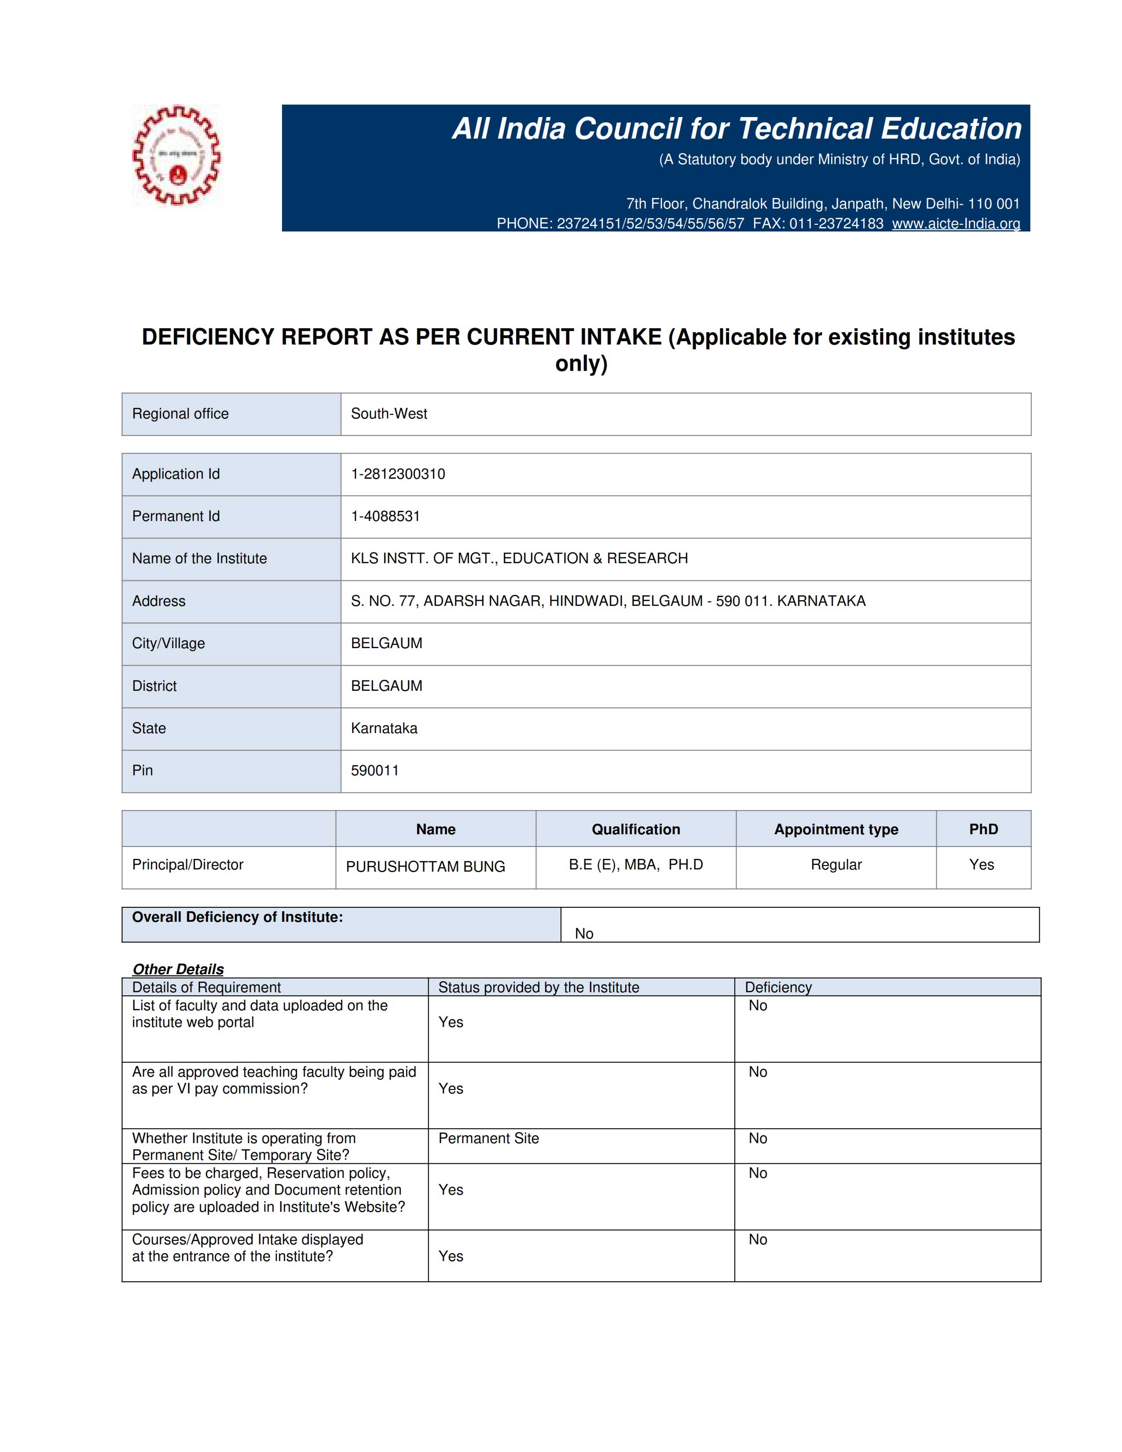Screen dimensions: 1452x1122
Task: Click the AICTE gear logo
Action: coord(176,155)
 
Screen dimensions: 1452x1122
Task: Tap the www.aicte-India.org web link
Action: coord(955,224)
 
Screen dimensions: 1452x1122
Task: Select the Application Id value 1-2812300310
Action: coord(397,474)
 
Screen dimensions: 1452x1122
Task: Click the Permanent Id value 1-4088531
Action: coord(385,517)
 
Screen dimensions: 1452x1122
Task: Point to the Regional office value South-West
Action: coord(389,414)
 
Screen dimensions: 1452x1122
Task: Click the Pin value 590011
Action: coord(374,770)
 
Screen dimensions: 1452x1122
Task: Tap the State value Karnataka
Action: coord(384,728)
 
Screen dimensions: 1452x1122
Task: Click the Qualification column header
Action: coord(635,829)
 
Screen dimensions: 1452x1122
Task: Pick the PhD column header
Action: coord(983,829)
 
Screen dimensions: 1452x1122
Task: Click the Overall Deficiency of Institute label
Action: coord(237,917)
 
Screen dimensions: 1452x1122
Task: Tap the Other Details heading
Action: coord(178,969)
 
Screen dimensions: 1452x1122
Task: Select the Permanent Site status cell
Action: coord(488,1138)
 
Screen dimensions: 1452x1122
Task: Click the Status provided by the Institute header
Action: coord(539,987)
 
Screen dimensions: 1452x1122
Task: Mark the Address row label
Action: coord(159,601)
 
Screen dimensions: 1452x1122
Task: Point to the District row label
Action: coord(154,686)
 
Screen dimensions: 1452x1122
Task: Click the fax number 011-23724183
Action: coord(836,224)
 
